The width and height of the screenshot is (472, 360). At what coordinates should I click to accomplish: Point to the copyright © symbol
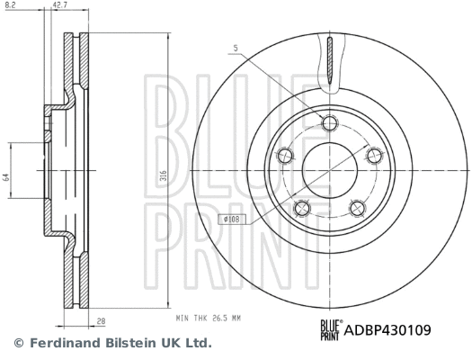coord(17,343)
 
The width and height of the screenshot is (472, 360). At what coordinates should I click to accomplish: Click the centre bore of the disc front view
coord(330,170)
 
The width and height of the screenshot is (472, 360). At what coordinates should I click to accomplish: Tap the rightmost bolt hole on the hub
coord(373,157)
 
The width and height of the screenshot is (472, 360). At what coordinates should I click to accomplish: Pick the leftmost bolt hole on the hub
coord(286,155)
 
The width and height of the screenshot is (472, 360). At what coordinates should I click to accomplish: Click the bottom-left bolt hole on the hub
coord(303,210)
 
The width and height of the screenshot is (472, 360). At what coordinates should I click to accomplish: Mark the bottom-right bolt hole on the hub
coord(356,210)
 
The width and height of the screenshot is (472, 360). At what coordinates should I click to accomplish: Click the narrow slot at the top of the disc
coord(330,63)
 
